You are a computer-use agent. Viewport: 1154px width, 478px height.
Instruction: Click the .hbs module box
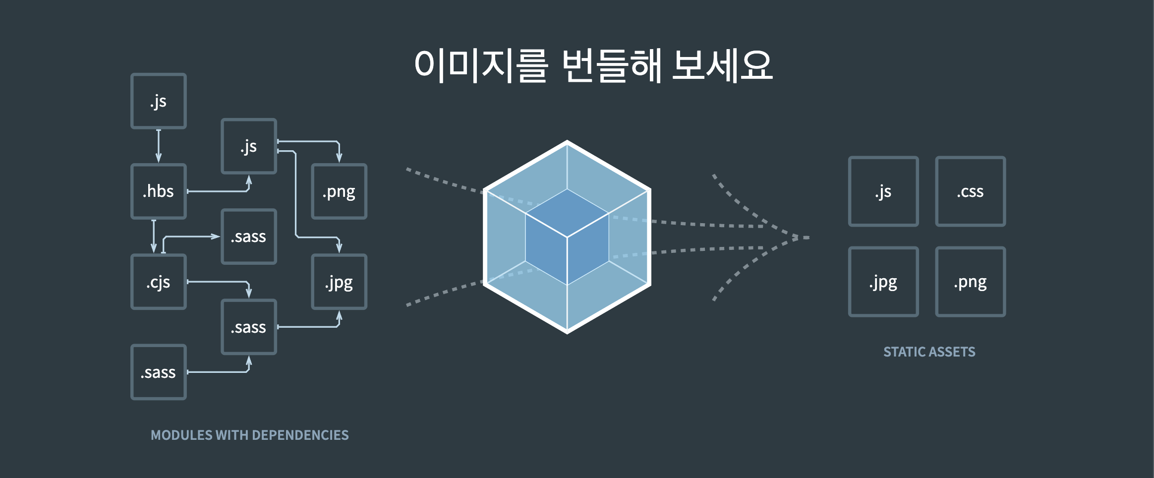click(x=159, y=191)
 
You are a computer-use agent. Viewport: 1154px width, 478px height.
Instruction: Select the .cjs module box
click(x=159, y=282)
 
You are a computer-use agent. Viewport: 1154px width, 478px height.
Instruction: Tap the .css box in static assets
click(x=970, y=191)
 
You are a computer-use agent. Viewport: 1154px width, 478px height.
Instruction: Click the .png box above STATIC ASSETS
click(x=970, y=282)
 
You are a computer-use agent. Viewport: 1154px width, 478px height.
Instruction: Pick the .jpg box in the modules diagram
click(x=339, y=282)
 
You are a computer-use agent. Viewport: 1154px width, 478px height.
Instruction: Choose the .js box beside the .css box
click(x=883, y=191)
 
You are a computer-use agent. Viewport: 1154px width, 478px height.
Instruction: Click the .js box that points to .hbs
click(x=159, y=101)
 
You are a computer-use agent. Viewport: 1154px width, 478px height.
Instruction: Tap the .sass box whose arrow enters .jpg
click(x=249, y=327)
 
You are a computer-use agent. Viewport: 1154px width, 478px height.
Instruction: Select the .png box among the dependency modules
click(x=339, y=191)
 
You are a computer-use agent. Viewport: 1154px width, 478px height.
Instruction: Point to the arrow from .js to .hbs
click(x=159, y=146)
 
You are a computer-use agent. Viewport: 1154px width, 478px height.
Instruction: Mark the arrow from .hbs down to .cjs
click(x=154, y=237)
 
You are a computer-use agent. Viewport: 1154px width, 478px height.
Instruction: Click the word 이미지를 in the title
click(x=481, y=65)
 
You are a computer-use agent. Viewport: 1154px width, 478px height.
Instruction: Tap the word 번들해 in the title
click(x=612, y=65)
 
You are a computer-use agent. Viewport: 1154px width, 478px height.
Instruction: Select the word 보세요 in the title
click(x=722, y=65)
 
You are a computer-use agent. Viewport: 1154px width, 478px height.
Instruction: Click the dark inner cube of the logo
click(x=567, y=237)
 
